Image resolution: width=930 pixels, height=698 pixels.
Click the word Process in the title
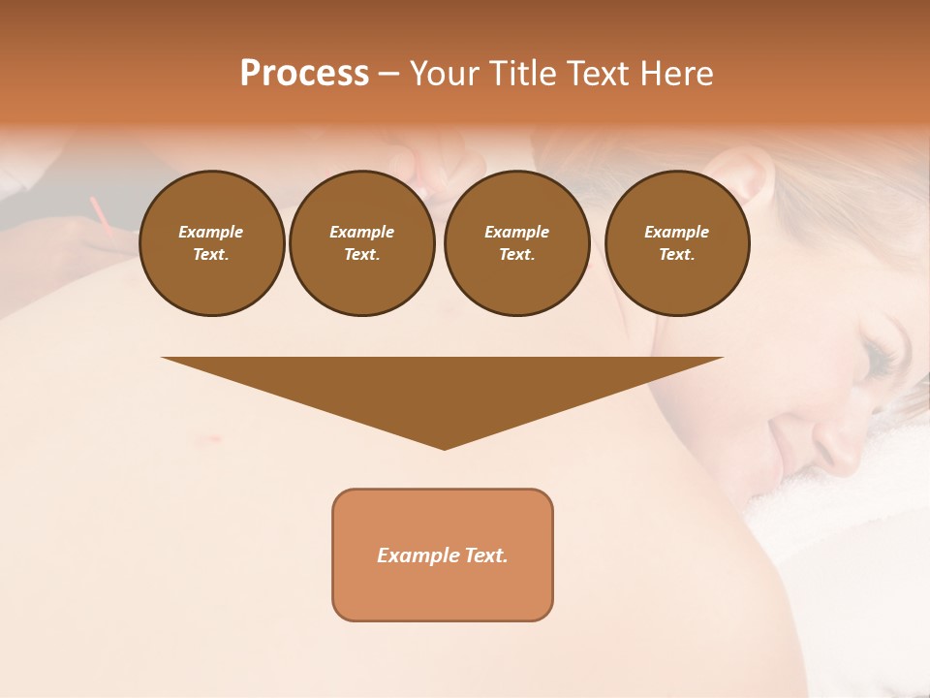(x=304, y=74)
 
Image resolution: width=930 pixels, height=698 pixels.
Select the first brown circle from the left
(x=211, y=243)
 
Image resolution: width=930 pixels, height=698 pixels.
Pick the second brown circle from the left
(x=361, y=243)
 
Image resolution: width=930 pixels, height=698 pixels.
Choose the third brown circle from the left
(x=516, y=243)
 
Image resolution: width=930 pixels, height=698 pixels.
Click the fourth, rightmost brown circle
(x=676, y=243)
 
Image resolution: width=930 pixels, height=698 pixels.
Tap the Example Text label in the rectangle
(x=443, y=555)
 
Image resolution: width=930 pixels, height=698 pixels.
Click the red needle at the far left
(x=97, y=210)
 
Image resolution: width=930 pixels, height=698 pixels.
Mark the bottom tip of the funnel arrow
(x=444, y=448)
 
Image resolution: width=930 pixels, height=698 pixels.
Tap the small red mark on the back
(x=207, y=439)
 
